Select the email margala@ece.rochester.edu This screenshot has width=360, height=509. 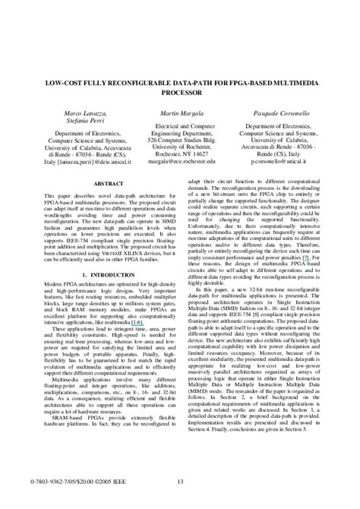pos(182,162)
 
